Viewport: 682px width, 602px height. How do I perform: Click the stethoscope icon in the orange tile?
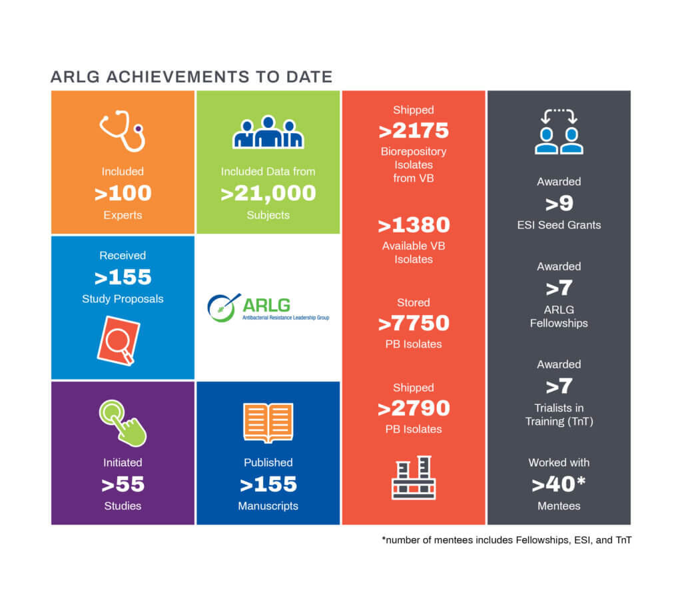[123, 132]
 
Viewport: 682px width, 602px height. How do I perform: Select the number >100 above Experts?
[123, 194]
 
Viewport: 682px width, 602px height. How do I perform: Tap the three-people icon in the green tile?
[268, 133]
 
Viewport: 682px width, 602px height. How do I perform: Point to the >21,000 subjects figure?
[268, 193]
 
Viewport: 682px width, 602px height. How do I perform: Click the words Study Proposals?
[123, 299]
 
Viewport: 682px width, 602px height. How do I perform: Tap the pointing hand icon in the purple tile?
[123, 423]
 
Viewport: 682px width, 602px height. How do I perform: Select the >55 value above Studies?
[123, 484]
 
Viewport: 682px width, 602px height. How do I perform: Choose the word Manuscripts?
[268, 506]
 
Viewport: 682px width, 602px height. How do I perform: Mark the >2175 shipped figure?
[413, 131]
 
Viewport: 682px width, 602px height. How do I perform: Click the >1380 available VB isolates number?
[413, 225]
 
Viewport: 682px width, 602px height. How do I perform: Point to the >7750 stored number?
[413, 324]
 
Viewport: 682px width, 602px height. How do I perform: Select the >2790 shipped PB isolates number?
[413, 408]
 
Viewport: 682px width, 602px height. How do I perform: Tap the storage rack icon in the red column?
[413, 477]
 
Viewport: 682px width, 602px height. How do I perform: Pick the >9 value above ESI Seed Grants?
[559, 203]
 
